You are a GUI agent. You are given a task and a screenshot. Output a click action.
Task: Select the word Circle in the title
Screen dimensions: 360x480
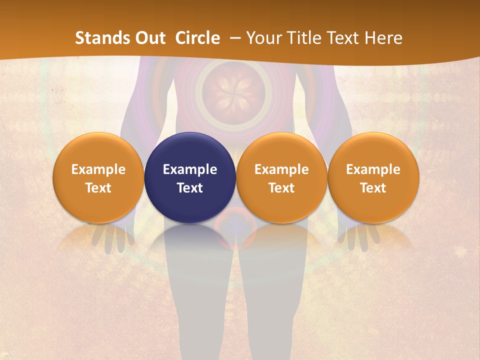pos(197,38)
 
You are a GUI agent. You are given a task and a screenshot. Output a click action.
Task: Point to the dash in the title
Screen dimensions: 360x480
pos(233,38)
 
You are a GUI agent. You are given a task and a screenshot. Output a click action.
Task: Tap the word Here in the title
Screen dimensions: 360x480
pos(383,38)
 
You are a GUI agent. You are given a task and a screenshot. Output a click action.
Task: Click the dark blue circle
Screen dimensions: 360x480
pos(190,177)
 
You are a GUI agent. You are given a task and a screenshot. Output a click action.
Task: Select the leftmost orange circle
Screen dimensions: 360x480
pos(98,177)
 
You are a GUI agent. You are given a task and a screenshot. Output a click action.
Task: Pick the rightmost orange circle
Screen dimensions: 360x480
pos(373,177)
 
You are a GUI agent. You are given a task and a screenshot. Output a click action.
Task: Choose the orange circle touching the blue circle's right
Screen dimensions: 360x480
pos(281,177)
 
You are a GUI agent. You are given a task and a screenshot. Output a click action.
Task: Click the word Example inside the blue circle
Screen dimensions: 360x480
pos(190,169)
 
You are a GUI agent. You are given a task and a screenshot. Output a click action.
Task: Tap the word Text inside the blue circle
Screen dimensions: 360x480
pos(190,188)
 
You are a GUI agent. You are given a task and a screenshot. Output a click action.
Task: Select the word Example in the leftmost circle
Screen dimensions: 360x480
pos(98,169)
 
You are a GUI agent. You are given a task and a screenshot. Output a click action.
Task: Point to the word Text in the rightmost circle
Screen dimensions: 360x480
pos(373,188)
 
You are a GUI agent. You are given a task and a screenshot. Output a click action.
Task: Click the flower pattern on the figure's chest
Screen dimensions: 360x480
pos(233,91)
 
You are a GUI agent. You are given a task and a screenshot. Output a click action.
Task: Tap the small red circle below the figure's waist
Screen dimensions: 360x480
pos(235,232)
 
